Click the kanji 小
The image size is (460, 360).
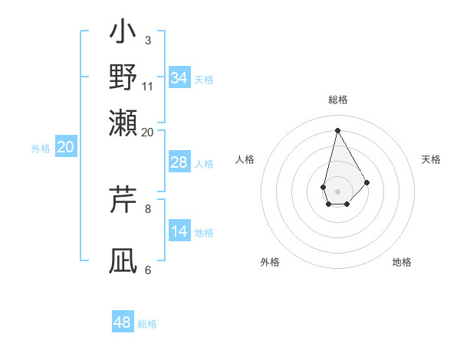(123, 34)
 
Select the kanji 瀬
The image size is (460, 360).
(123, 121)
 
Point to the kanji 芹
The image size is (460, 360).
(123, 200)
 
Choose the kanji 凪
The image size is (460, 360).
(123, 260)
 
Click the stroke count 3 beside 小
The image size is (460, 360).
(148, 40)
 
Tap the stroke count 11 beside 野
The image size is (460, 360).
(148, 86)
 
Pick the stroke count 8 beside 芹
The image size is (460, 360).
(148, 208)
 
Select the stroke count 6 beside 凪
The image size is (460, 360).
(148, 270)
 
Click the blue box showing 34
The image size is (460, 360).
(179, 78)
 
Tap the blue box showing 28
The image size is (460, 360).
(179, 162)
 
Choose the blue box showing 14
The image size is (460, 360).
(179, 231)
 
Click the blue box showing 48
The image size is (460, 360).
(123, 322)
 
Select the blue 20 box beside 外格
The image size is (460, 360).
(65, 148)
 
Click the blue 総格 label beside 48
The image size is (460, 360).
(147, 324)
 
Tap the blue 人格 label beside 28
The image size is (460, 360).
(204, 164)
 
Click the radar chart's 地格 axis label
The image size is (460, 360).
(402, 262)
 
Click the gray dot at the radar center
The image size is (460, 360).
(337, 191)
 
